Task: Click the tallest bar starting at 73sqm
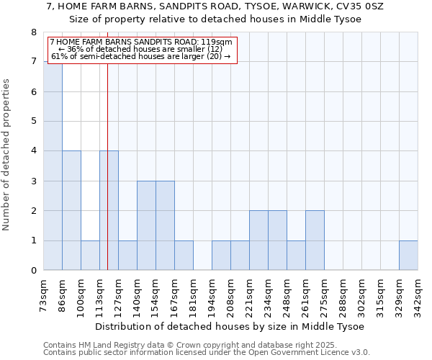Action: point(53,166)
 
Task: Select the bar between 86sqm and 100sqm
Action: point(71,210)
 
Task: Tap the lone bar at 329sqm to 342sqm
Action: point(408,256)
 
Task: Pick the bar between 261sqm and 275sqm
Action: point(315,240)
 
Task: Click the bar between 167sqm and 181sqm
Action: point(184,256)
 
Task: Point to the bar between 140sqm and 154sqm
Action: point(146,225)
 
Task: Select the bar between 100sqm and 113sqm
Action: point(90,256)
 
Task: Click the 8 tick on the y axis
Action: point(33,32)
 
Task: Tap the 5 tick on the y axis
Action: point(33,122)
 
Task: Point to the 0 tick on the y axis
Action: point(33,271)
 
